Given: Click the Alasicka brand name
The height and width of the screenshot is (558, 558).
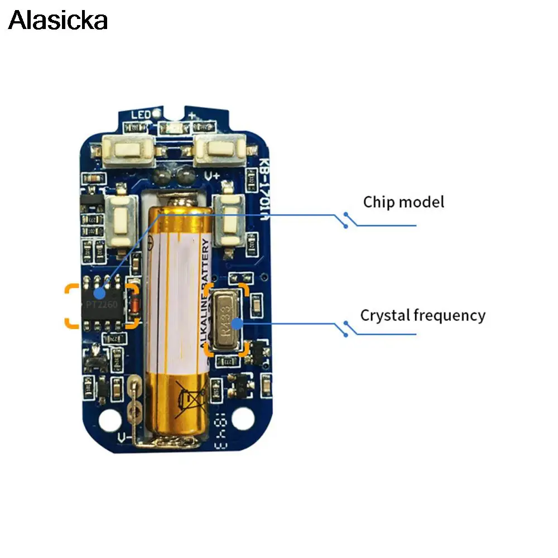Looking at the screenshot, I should [x=57, y=21].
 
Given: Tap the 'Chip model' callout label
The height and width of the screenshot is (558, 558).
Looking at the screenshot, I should [x=403, y=201].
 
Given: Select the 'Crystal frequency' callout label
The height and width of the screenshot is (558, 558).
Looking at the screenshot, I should [x=422, y=315].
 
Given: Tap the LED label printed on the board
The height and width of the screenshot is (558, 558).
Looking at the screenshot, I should [x=140, y=116].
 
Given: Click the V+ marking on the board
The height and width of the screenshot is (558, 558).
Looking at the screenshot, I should [x=213, y=176].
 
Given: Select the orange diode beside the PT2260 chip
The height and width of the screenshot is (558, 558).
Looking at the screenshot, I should [x=133, y=305].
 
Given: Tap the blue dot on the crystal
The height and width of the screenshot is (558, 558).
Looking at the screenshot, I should [x=237, y=323].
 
